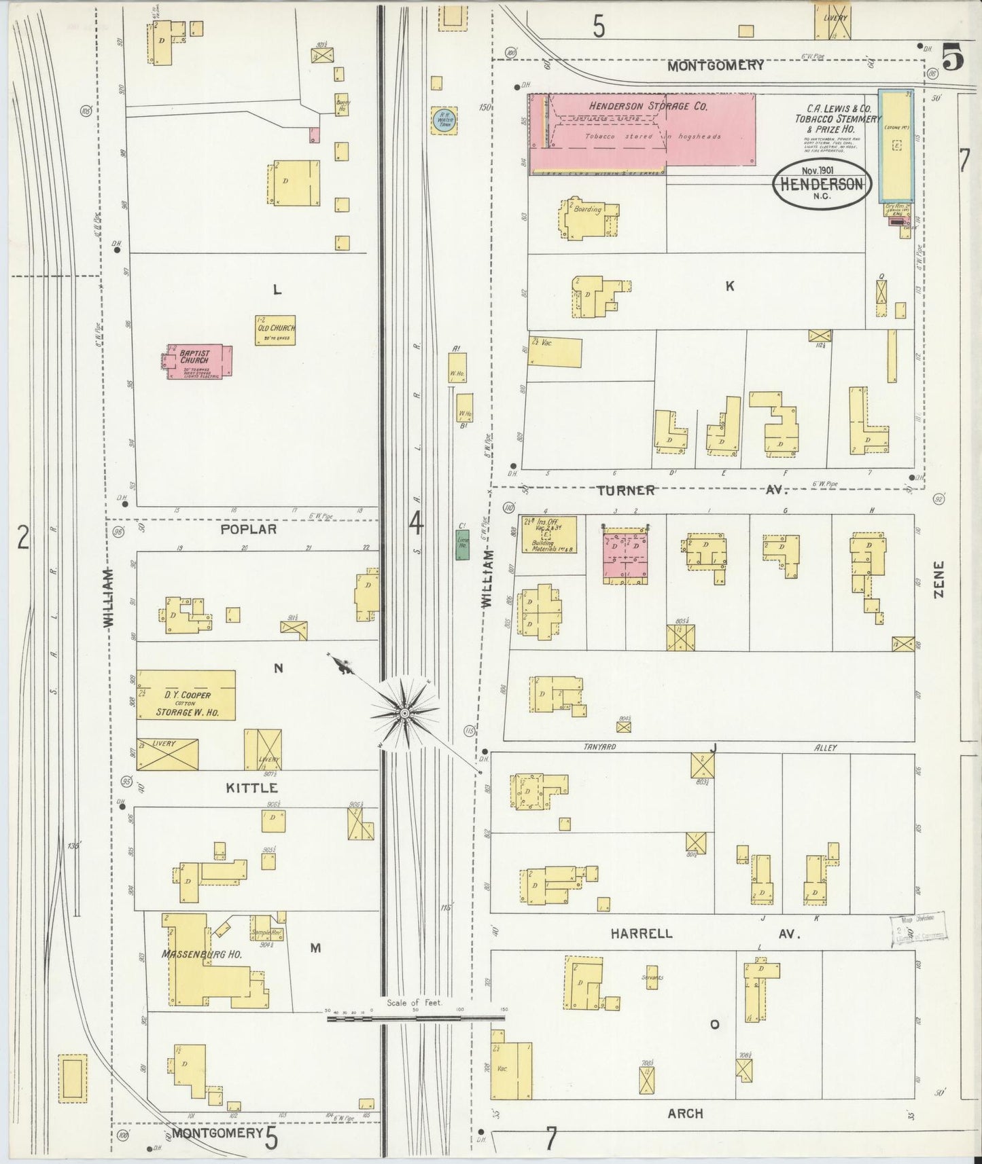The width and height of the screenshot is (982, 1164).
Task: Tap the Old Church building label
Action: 276,331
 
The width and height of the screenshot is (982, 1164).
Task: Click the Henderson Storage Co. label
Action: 648,106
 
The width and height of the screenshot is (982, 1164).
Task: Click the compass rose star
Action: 404,712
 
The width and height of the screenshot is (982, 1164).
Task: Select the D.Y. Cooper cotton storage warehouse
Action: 186,695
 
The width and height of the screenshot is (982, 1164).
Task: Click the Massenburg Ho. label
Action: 202,954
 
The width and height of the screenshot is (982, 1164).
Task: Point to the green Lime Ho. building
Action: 462,545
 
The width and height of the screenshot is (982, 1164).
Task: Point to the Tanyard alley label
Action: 599,748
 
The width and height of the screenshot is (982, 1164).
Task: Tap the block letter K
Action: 730,287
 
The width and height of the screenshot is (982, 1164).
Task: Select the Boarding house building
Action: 589,217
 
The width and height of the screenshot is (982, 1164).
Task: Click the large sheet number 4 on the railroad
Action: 416,524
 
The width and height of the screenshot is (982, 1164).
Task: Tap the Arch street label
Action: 685,1114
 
